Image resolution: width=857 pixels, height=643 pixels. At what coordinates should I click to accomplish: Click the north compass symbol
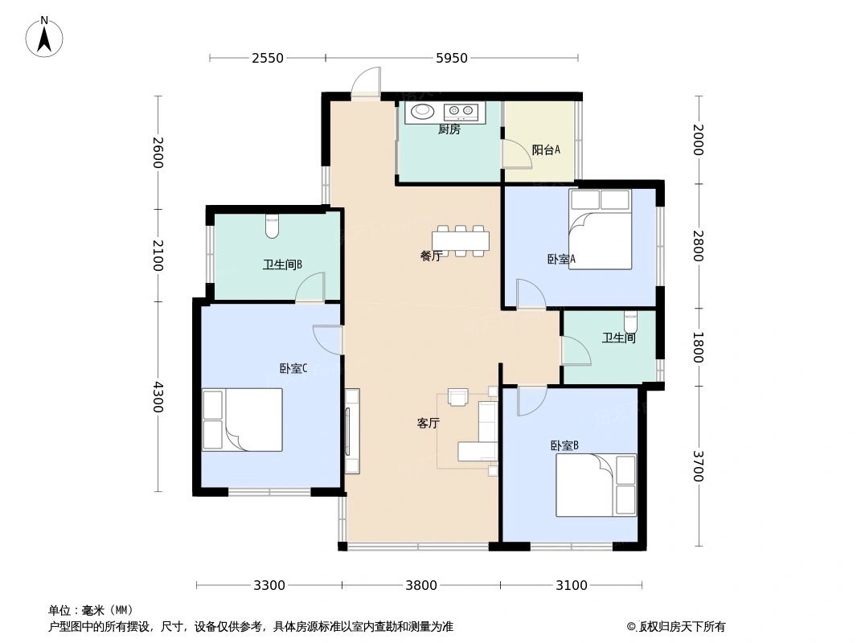(45, 37)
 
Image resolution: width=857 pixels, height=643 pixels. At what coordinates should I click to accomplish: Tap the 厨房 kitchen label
(449, 130)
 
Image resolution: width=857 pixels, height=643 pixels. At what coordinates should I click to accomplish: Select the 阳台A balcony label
(546, 150)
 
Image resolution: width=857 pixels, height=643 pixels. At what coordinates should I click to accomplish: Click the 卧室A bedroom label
(561, 259)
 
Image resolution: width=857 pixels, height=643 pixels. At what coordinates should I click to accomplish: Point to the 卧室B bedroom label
(564, 445)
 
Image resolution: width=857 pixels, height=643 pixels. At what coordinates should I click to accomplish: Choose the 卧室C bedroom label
(293, 369)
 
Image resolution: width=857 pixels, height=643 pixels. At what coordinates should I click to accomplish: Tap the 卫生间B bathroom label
(281, 264)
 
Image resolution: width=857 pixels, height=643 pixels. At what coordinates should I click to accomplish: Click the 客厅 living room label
(428, 424)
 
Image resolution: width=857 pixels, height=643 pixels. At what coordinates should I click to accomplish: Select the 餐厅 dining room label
(431, 256)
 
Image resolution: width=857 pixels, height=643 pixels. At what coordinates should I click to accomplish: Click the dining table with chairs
(461, 240)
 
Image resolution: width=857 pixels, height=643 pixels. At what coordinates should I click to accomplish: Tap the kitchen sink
(421, 112)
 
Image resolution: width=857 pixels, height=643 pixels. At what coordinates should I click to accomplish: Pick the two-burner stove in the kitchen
(461, 112)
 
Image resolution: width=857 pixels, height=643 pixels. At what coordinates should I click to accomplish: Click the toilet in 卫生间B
(272, 227)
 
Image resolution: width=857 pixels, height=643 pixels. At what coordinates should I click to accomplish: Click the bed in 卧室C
(242, 420)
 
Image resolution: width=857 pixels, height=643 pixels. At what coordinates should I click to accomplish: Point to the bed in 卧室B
(596, 485)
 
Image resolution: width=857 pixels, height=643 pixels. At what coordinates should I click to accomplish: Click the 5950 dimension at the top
(451, 58)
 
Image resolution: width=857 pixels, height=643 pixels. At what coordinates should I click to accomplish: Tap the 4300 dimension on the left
(158, 397)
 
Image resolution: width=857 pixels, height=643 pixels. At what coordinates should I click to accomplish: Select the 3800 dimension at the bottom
(420, 585)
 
